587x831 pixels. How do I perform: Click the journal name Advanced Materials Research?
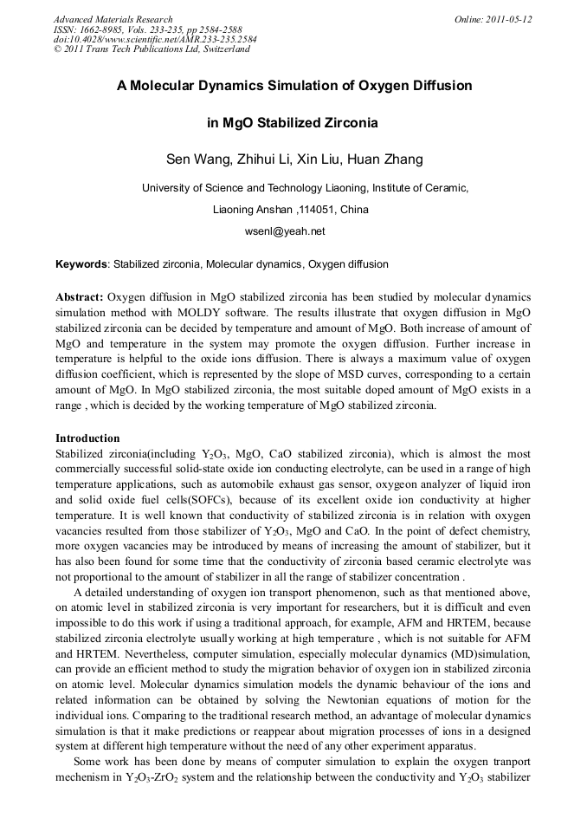tap(113, 19)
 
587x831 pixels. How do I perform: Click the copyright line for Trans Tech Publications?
tap(152, 49)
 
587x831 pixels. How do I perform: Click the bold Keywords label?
tap(81, 264)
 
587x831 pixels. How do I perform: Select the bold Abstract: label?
tap(80, 296)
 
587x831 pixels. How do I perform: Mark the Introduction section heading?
tap(87, 438)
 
